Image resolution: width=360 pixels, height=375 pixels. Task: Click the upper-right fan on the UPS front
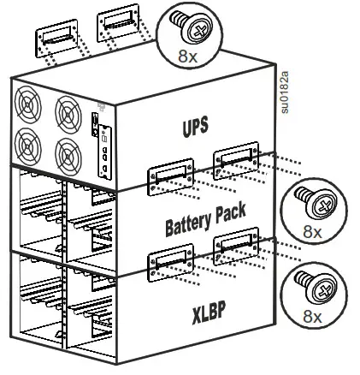coord(68,116)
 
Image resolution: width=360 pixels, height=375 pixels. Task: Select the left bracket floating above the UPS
coord(58,39)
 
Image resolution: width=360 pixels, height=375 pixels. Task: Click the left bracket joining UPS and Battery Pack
coord(168,174)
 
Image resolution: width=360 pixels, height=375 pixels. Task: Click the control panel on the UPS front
coord(103,146)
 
